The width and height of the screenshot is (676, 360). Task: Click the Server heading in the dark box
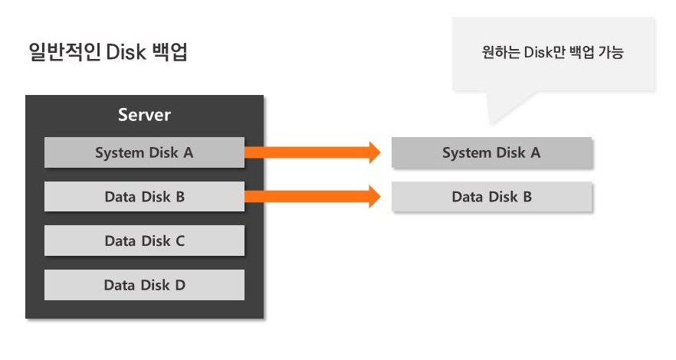point(144,116)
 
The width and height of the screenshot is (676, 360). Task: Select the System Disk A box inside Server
point(144,152)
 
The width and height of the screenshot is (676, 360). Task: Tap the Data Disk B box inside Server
point(144,197)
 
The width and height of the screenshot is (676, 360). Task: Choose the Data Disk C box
point(144,241)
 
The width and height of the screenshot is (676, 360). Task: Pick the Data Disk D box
point(144,285)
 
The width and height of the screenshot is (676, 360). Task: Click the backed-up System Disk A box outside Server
point(491,152)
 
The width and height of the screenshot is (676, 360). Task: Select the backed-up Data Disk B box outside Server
point(491,197)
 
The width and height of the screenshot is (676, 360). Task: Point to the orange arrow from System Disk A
point(307,152)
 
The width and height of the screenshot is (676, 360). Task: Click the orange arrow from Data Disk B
point(307,197)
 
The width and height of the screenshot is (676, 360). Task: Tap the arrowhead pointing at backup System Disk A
point(374,152)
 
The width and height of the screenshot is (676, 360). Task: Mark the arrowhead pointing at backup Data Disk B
point(374,197)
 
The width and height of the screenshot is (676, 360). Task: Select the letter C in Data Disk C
point(180,241)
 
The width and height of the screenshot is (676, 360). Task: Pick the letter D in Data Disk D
point(180,285)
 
